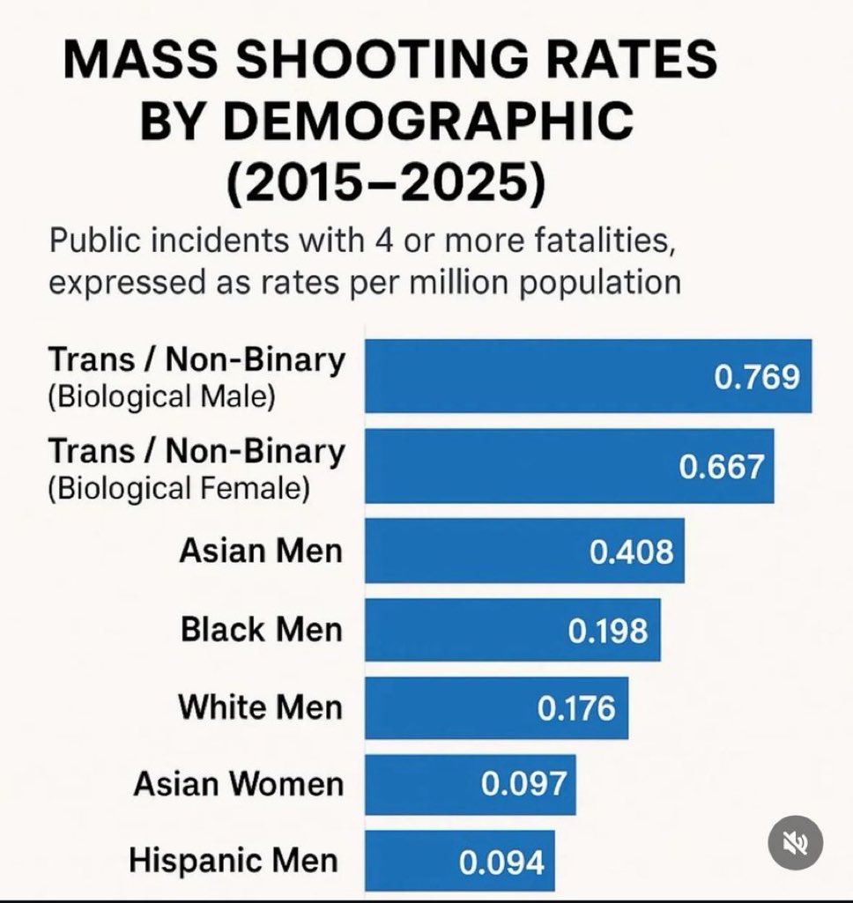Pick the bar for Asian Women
pyautogui.click(x=423, y=784)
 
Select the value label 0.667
pyautogui.click(x=721, y=467)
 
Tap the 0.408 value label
pyautogui.click(x=631, y=551)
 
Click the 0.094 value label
pyautogui.click(x=501, y=862)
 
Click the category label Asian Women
pyautogui.click(x=238, y=784)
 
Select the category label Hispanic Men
pyautogui.click(x=234, y=862)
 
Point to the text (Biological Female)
pyautogui.click(x=178, y=488)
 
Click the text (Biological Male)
pyautogui.click(x=161, y=397)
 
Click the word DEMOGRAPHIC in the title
pyautogui.click(x=387, y=122)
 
